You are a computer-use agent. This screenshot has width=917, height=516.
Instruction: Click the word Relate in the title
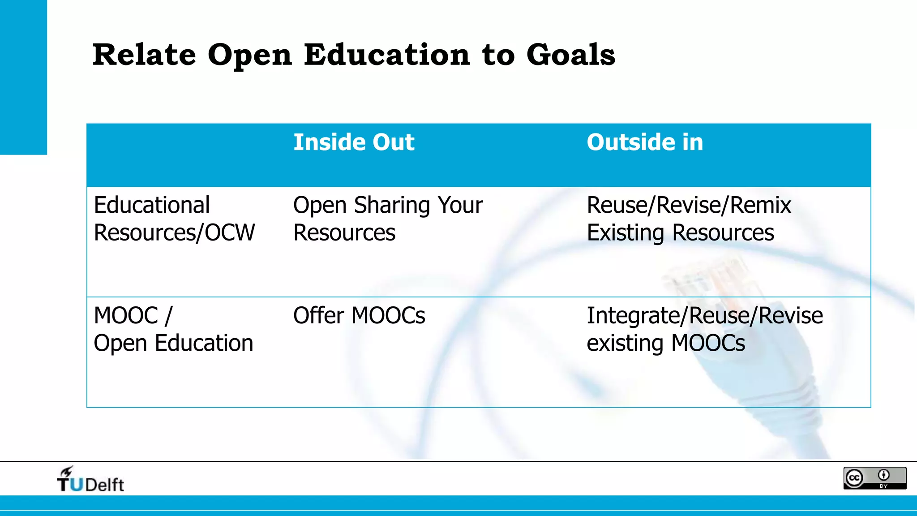(x=144, y=55)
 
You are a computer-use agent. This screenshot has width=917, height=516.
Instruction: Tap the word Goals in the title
(x=570, y=55)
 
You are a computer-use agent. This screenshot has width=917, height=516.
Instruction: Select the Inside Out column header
(x=354, y=142)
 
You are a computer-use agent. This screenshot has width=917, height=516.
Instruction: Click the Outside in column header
(x=645, y=142)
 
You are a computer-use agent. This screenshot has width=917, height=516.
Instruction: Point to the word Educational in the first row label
(x=152, y=205)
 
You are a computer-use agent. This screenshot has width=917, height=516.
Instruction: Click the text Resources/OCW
(x=174, y=233)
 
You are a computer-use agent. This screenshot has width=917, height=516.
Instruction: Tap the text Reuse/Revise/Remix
(x=689, y=205)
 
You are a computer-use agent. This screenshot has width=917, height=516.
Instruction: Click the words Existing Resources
(x=680, y=233)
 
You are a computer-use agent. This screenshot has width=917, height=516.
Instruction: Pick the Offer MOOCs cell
(x=359, y=315)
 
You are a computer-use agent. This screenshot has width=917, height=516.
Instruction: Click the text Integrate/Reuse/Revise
(x=704, y=315)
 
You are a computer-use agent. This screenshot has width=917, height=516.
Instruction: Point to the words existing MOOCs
(x=666, y=344)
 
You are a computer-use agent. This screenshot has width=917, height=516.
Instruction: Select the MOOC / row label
(x=133, y=315)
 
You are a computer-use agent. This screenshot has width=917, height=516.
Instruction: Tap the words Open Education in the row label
(x=173, y=344)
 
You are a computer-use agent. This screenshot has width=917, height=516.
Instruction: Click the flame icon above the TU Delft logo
(x=67, y=471)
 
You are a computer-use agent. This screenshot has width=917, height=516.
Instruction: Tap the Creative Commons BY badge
(x=874, y=478)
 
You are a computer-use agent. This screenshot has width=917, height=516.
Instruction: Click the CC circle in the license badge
(x=854, y=478)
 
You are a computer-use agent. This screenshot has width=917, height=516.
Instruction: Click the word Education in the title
(x=387, y=55)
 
